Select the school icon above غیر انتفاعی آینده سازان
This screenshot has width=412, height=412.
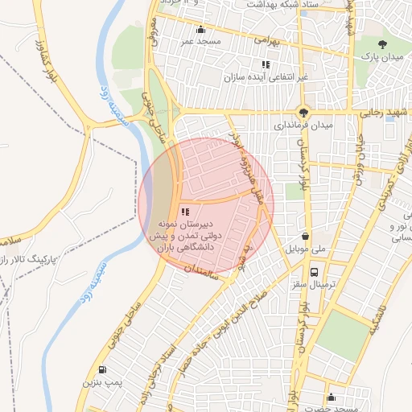coord(265,64)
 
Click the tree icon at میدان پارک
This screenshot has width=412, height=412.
coord(382,45)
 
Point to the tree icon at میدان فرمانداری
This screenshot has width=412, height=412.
coord(303,113)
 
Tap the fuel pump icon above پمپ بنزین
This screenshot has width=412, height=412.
coord(101,370)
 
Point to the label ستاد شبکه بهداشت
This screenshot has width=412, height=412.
coord(250,5)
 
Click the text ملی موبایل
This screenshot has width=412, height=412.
coord(299,249)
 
